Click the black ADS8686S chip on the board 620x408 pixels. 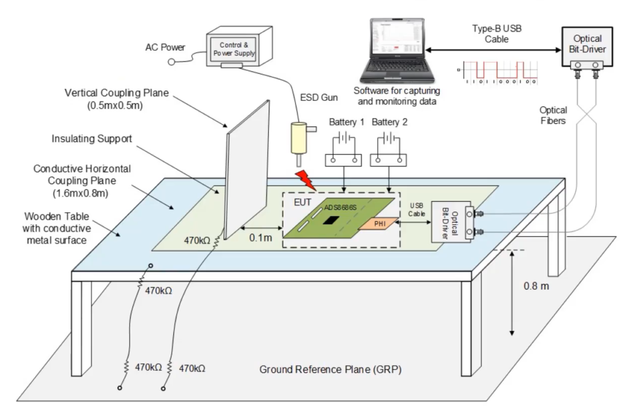point(330,220)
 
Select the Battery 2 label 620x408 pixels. point(390,123)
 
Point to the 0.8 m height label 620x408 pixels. point(536,286)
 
